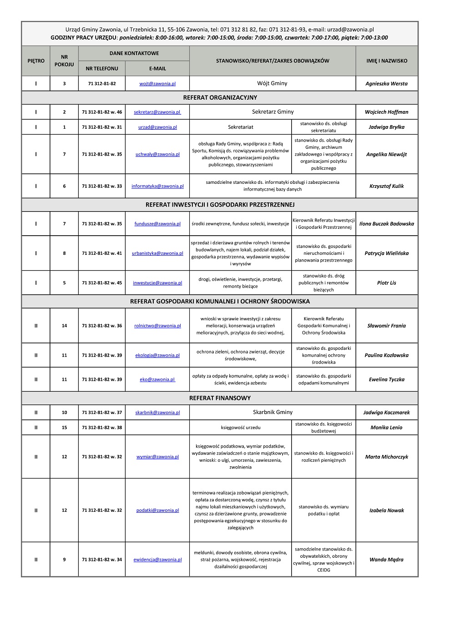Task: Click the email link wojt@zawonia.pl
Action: click(x=157, y=84)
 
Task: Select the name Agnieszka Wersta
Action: click(x=386, y=84)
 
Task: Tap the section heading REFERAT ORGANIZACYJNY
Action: click(x=220, y=97)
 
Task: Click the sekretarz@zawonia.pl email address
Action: click(x=157, y=112)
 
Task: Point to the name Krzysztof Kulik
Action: click(x=386, y=186)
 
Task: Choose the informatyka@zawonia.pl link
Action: click(x=157, y=186)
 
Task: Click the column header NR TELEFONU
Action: click(x=102, y=69)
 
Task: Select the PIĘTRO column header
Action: click(x=36, y=61)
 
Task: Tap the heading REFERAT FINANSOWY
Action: click(x=220, y=398)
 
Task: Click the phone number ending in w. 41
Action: click(x=102, y=253)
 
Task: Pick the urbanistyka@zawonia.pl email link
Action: click(x=157, y=253)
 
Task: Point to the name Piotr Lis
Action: click(x=386, y=283)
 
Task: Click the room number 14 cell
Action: click(x=64, y=326)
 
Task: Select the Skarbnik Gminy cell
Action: click(x=273, y=412)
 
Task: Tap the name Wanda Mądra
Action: click(x=386, y=560)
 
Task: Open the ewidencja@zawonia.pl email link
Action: click(x=157, y=560)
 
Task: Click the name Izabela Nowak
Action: click(x=386, y=510)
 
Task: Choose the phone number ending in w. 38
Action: click(x=102, y=428)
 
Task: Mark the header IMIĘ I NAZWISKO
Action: click(x=387, y=61)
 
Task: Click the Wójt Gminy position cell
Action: click(x=272, y=83)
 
